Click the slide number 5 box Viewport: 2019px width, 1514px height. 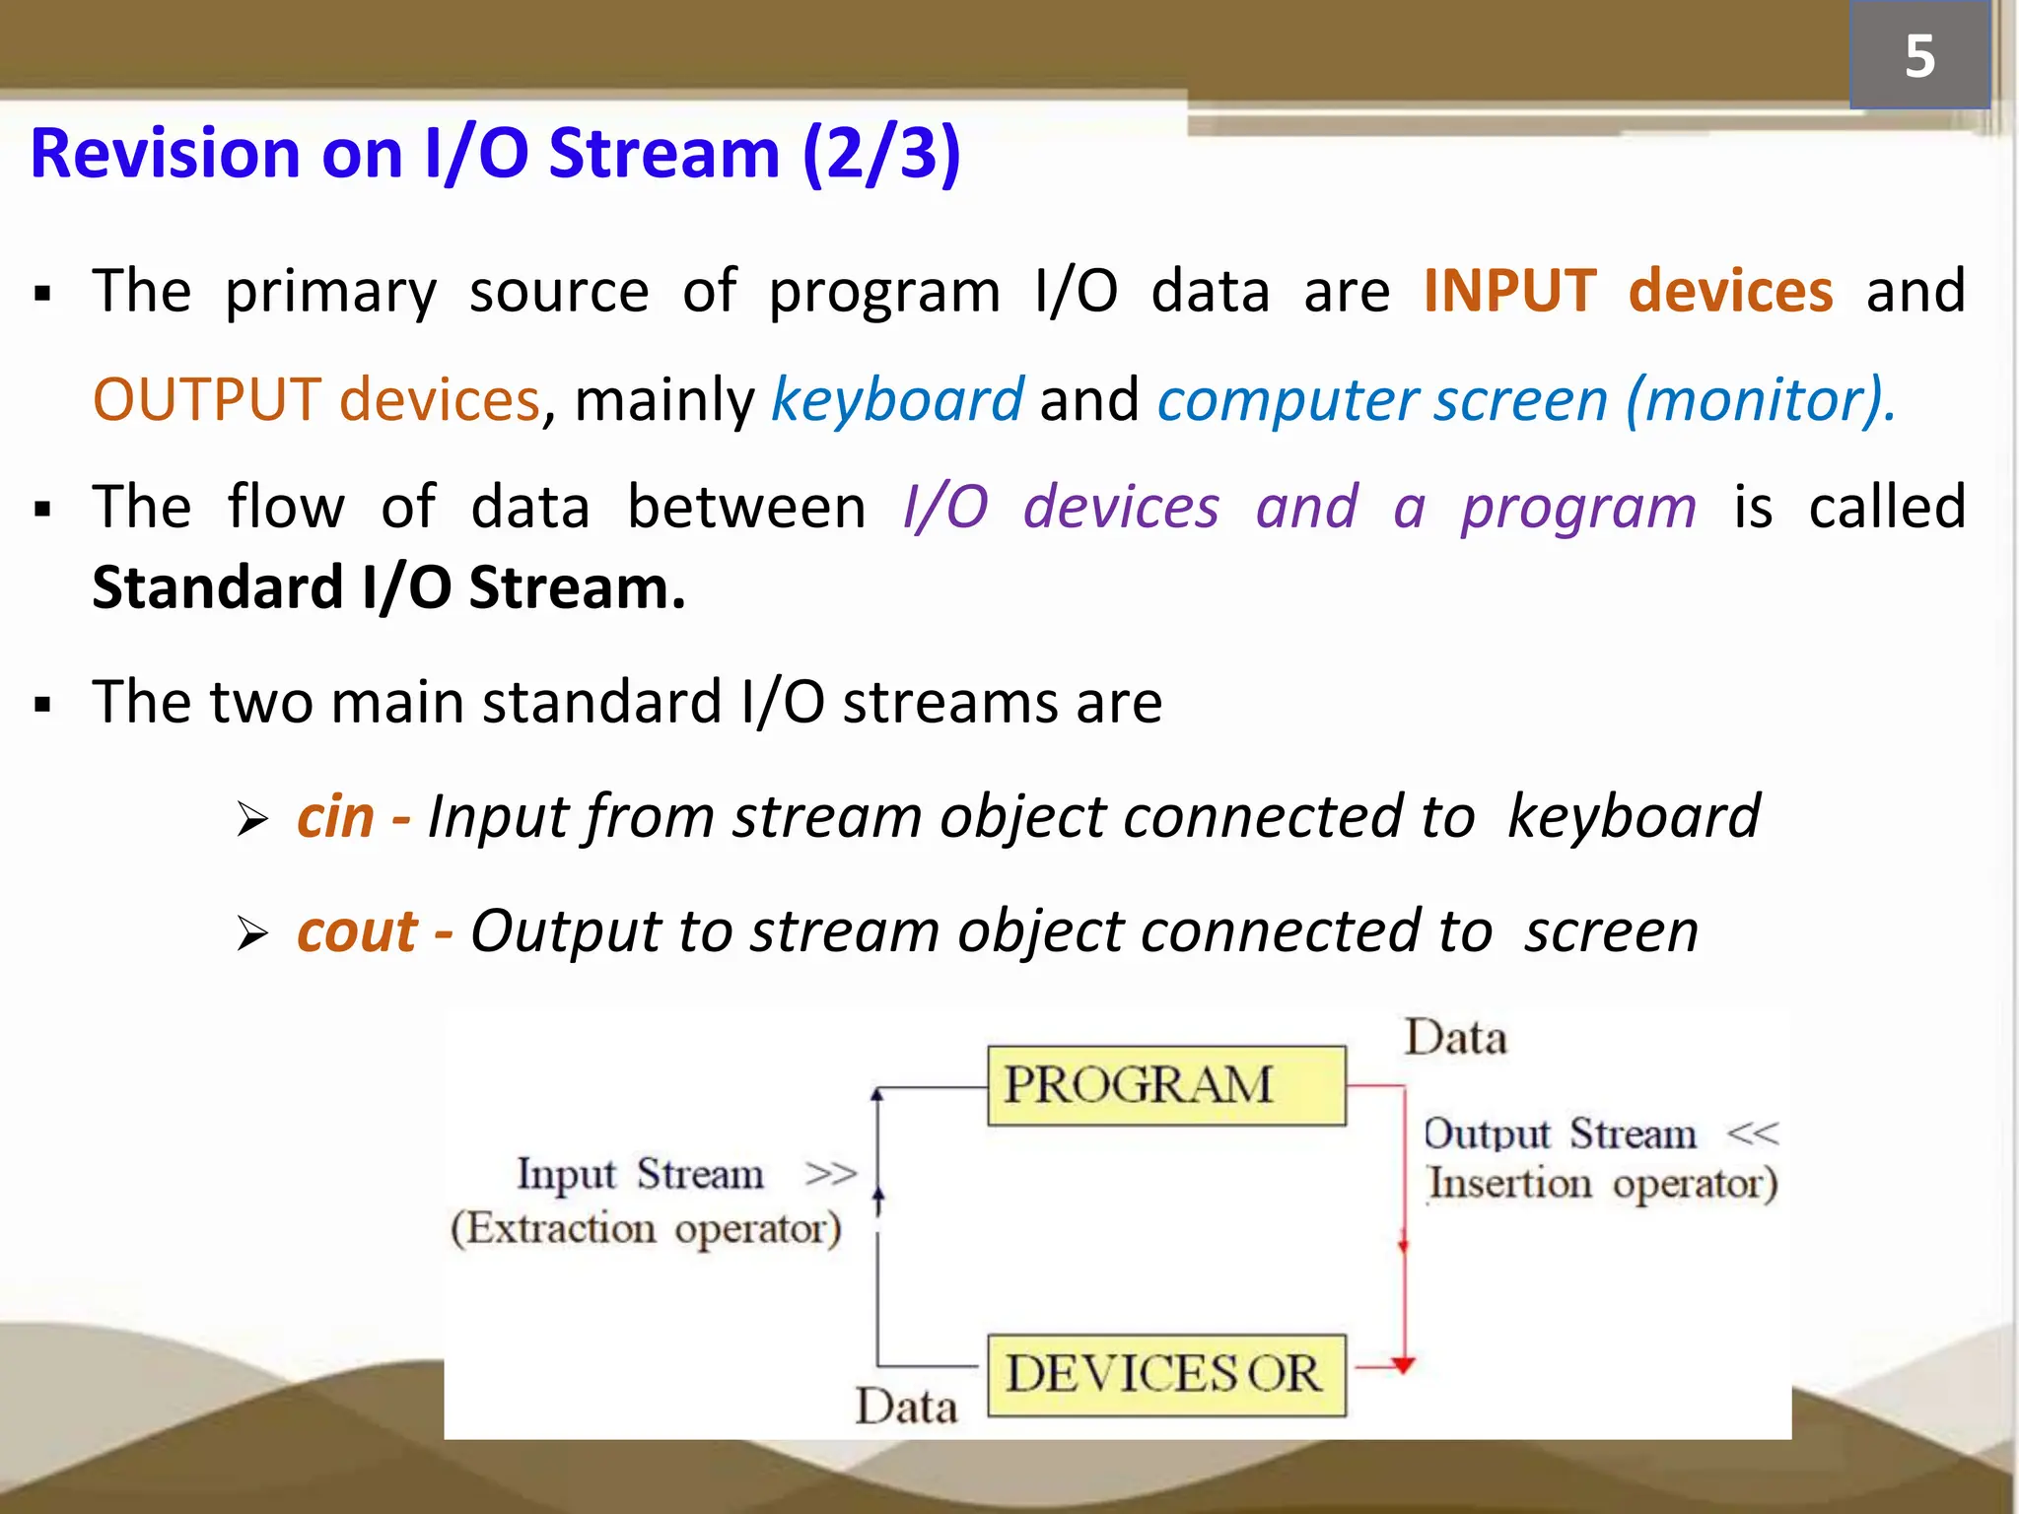coord(1918,55)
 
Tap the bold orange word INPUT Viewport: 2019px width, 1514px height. coord(1509,292)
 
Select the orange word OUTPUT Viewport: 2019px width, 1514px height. coord(207,400)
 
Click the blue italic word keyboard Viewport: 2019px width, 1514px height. coord(897,400)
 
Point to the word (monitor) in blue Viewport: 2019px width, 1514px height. coord(1760,400)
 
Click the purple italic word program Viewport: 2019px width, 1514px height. coord(1577,509)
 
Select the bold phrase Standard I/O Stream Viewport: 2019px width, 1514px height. coord(388,588)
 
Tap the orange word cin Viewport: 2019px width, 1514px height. coord(336,817)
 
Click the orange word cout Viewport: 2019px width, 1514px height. coord(357,931)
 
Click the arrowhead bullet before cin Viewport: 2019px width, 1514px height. coord(252,819)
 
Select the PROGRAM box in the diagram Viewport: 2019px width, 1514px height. coord(1166,1086)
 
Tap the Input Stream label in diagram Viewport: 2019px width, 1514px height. coord(640,1174)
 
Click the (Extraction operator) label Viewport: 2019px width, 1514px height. coord(646,1229)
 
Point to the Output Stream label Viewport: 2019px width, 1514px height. coord(1560,1135)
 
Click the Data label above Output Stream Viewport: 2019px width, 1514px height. coord(1455,1039)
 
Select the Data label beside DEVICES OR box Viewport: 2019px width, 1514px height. coord(905,1406)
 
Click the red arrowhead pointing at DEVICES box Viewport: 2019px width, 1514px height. coord(1403,1365)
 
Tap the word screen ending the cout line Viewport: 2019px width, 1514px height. coord(1611,931)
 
